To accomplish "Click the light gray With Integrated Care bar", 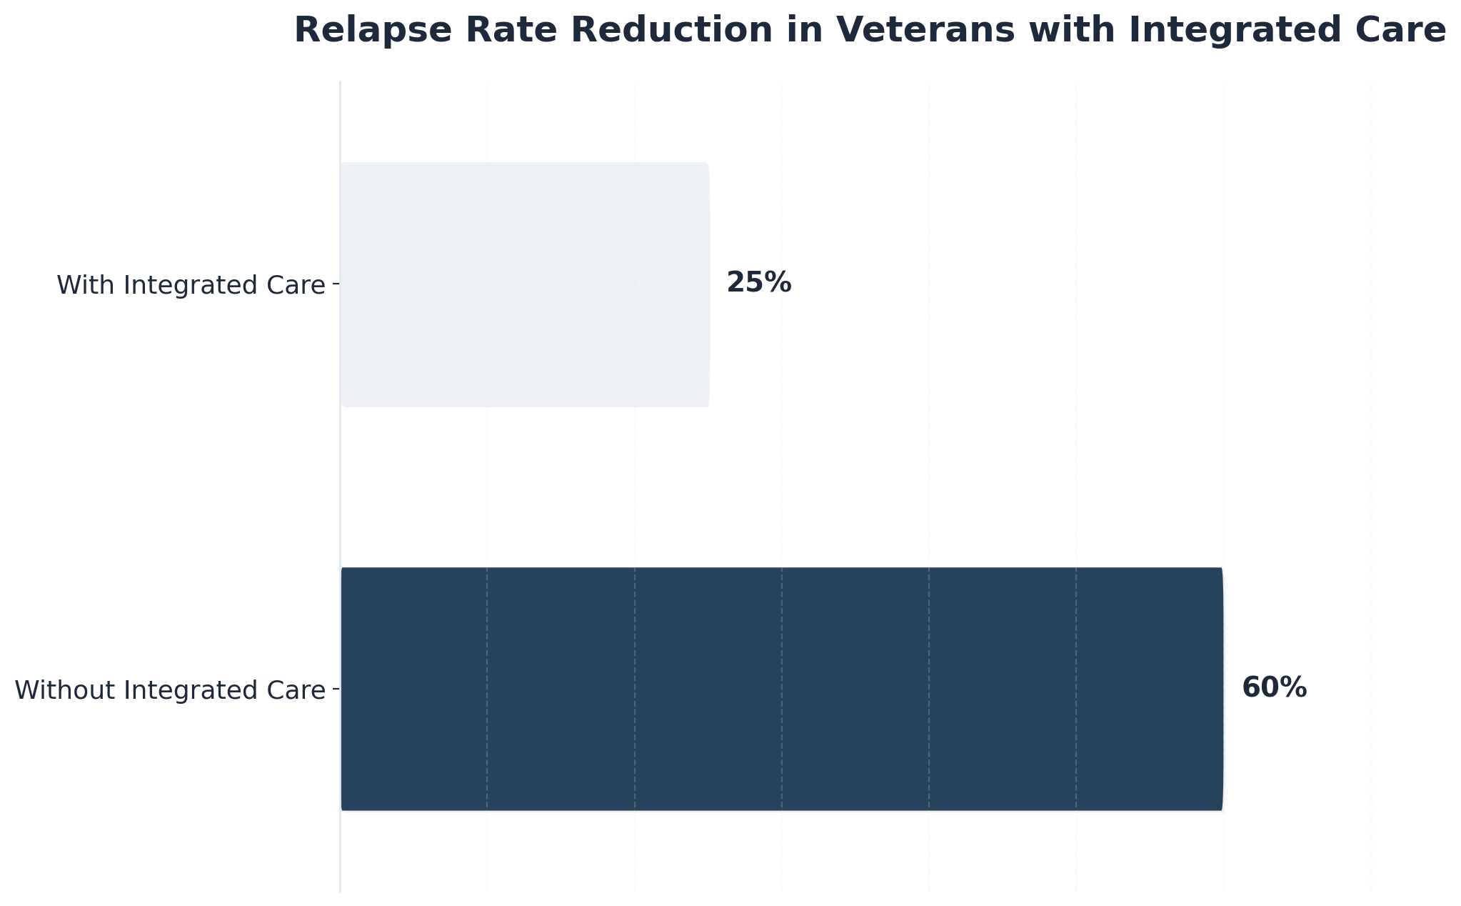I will (x=525, y=284).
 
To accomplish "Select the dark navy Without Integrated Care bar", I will (x=782, y=689).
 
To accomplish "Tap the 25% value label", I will (x=758, y=283).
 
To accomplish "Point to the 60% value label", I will (x=1274, y=688).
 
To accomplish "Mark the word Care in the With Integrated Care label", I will (x=298, y=285).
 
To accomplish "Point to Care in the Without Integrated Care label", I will (x=298, y=690).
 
